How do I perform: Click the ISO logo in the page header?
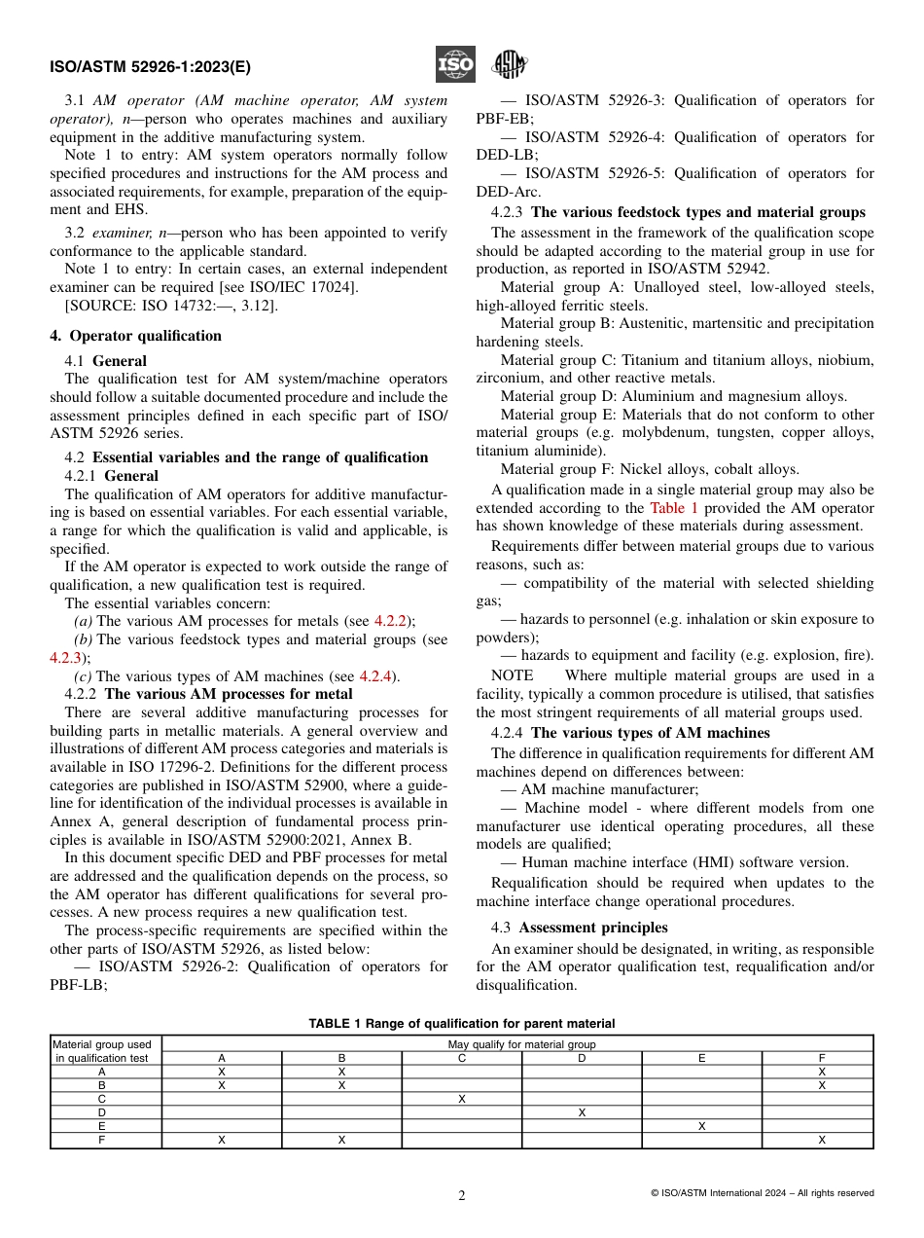pos(454,65)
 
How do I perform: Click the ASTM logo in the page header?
pos(508,65)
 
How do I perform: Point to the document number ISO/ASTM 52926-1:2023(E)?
pos(150,67)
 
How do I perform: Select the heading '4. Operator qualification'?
pos(136,336)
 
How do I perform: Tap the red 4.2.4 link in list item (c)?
pos(377,676)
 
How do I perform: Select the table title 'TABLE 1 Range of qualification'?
pos(461,1023)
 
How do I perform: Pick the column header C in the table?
pos(462,1058)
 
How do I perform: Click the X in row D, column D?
pos(582,1112)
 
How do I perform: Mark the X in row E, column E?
pos(701,1126)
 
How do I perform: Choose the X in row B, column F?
pos(822,1085)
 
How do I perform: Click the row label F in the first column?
pos(102,1140)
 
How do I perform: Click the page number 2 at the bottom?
pos(462,1196)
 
